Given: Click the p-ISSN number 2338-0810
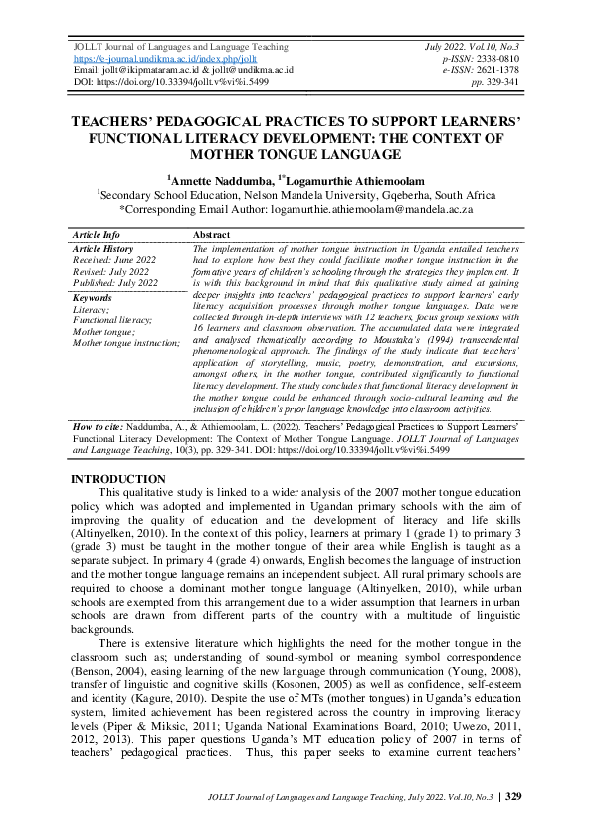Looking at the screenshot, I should point(497,59).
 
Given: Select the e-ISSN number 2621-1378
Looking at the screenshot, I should point(497,70).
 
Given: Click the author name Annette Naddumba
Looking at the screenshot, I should point(213,181).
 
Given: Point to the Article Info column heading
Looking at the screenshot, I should point(97,234).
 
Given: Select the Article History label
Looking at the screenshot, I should point(103,248).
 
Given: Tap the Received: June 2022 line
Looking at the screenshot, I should point(114,259).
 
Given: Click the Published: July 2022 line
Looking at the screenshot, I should point(115,283).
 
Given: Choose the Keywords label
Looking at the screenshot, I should point(93,298).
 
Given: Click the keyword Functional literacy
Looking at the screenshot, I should point(112,320).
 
